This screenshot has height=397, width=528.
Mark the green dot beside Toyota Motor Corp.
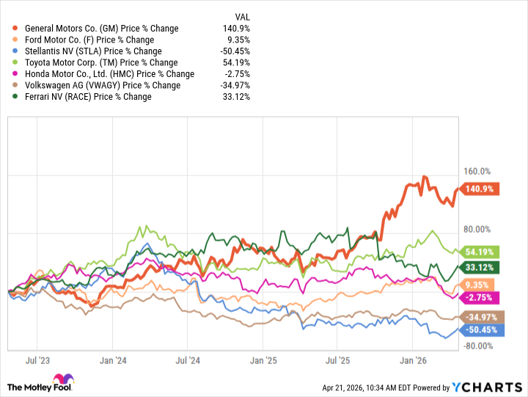[7, 62]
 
